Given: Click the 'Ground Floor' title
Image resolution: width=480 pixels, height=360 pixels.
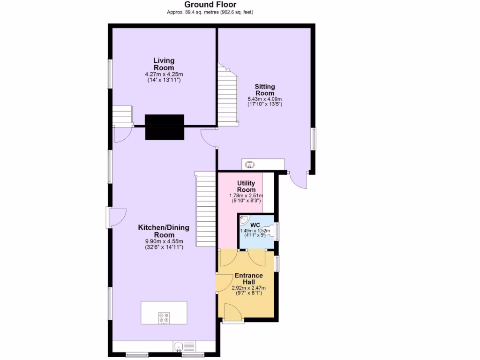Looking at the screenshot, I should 210,5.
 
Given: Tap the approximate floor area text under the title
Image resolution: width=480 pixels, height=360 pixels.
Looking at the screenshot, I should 210,12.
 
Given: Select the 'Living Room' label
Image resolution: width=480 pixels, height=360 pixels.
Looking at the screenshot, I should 164,64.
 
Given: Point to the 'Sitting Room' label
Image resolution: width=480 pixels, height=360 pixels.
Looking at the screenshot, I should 265,90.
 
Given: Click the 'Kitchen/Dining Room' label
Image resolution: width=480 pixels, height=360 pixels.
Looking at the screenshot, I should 164,231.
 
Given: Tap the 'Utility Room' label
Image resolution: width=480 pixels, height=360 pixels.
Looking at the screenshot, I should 246,186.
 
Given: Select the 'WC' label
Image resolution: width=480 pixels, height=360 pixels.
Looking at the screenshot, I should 255,225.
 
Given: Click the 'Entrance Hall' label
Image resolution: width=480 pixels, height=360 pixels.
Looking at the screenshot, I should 248,278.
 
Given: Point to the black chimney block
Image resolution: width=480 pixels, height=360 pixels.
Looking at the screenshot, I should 164,127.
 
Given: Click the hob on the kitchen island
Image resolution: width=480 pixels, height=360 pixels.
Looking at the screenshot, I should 164,318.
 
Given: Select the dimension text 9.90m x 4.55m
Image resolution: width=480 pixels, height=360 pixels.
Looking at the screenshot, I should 164,241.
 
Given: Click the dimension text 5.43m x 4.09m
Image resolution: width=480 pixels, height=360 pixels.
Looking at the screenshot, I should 265,99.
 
